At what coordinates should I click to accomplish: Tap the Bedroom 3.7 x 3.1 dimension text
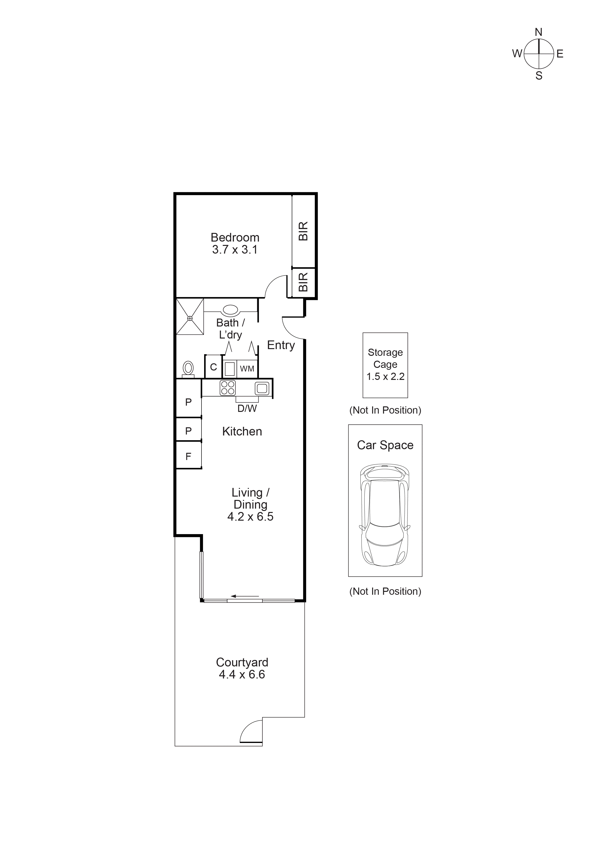click(235, 250)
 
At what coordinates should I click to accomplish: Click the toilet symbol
click(188, 368)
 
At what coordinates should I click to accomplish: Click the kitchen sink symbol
click(262, 388)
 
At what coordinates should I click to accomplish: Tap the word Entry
click(281, 345)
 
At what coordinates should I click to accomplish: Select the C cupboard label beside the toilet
click(213, 367)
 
